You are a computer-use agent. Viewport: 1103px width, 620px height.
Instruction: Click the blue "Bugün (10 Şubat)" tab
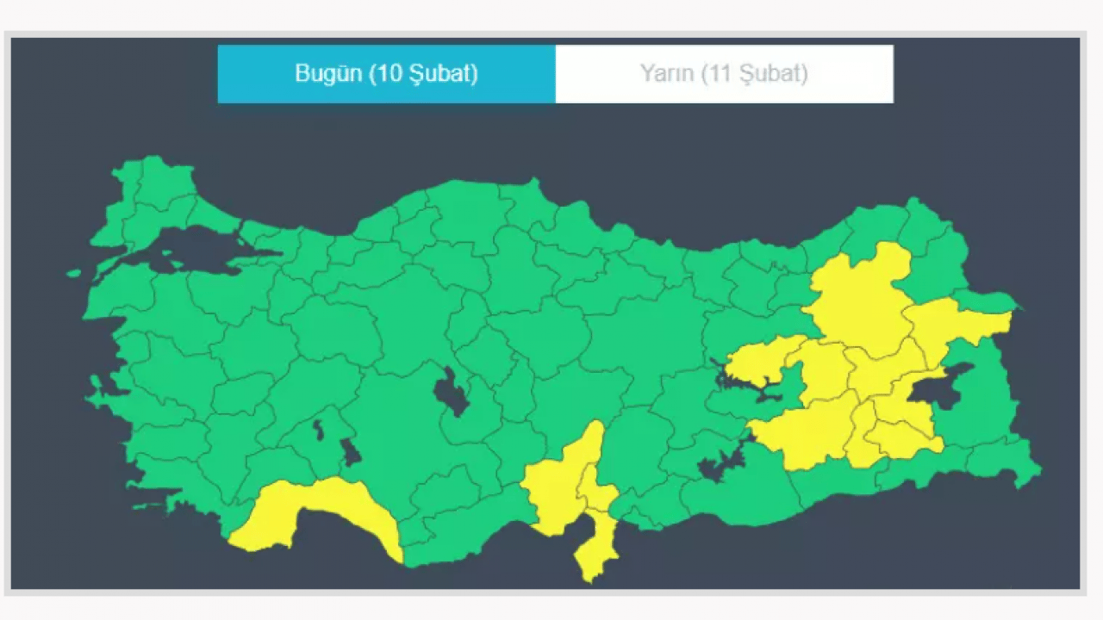coord(386,74)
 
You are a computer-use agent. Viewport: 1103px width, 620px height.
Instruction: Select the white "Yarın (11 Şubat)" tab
coord(724,74)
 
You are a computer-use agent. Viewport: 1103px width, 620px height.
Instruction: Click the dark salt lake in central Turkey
coord(451,392)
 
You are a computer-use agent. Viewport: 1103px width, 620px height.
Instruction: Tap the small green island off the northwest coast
coord(74,274)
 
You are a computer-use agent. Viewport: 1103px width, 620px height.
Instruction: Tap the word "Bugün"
coord(329,74)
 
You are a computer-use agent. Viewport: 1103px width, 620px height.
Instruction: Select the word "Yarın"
coord(667,74)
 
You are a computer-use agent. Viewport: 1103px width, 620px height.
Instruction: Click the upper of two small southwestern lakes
coord(318,429)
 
